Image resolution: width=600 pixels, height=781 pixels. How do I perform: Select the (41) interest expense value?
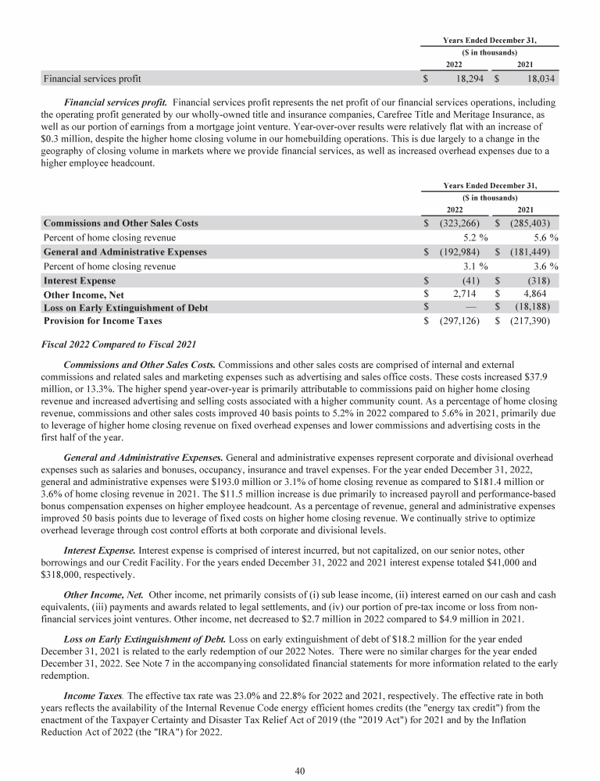coord(472,280)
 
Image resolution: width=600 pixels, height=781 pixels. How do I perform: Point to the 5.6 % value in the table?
coord(542,237)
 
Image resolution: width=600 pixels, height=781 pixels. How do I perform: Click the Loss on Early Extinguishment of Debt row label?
coord(125,308)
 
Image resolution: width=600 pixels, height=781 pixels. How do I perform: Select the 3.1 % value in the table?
coord(471,266)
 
